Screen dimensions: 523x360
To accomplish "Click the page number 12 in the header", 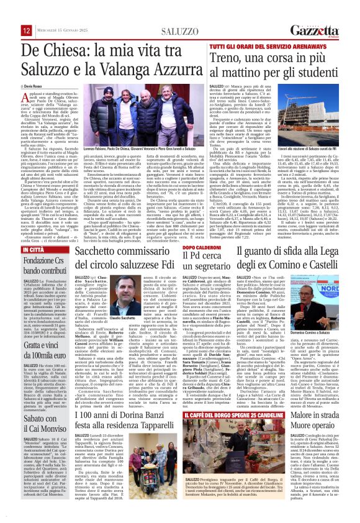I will pos(27,30).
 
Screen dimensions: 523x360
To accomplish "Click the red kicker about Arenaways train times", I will pos(233,47).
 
